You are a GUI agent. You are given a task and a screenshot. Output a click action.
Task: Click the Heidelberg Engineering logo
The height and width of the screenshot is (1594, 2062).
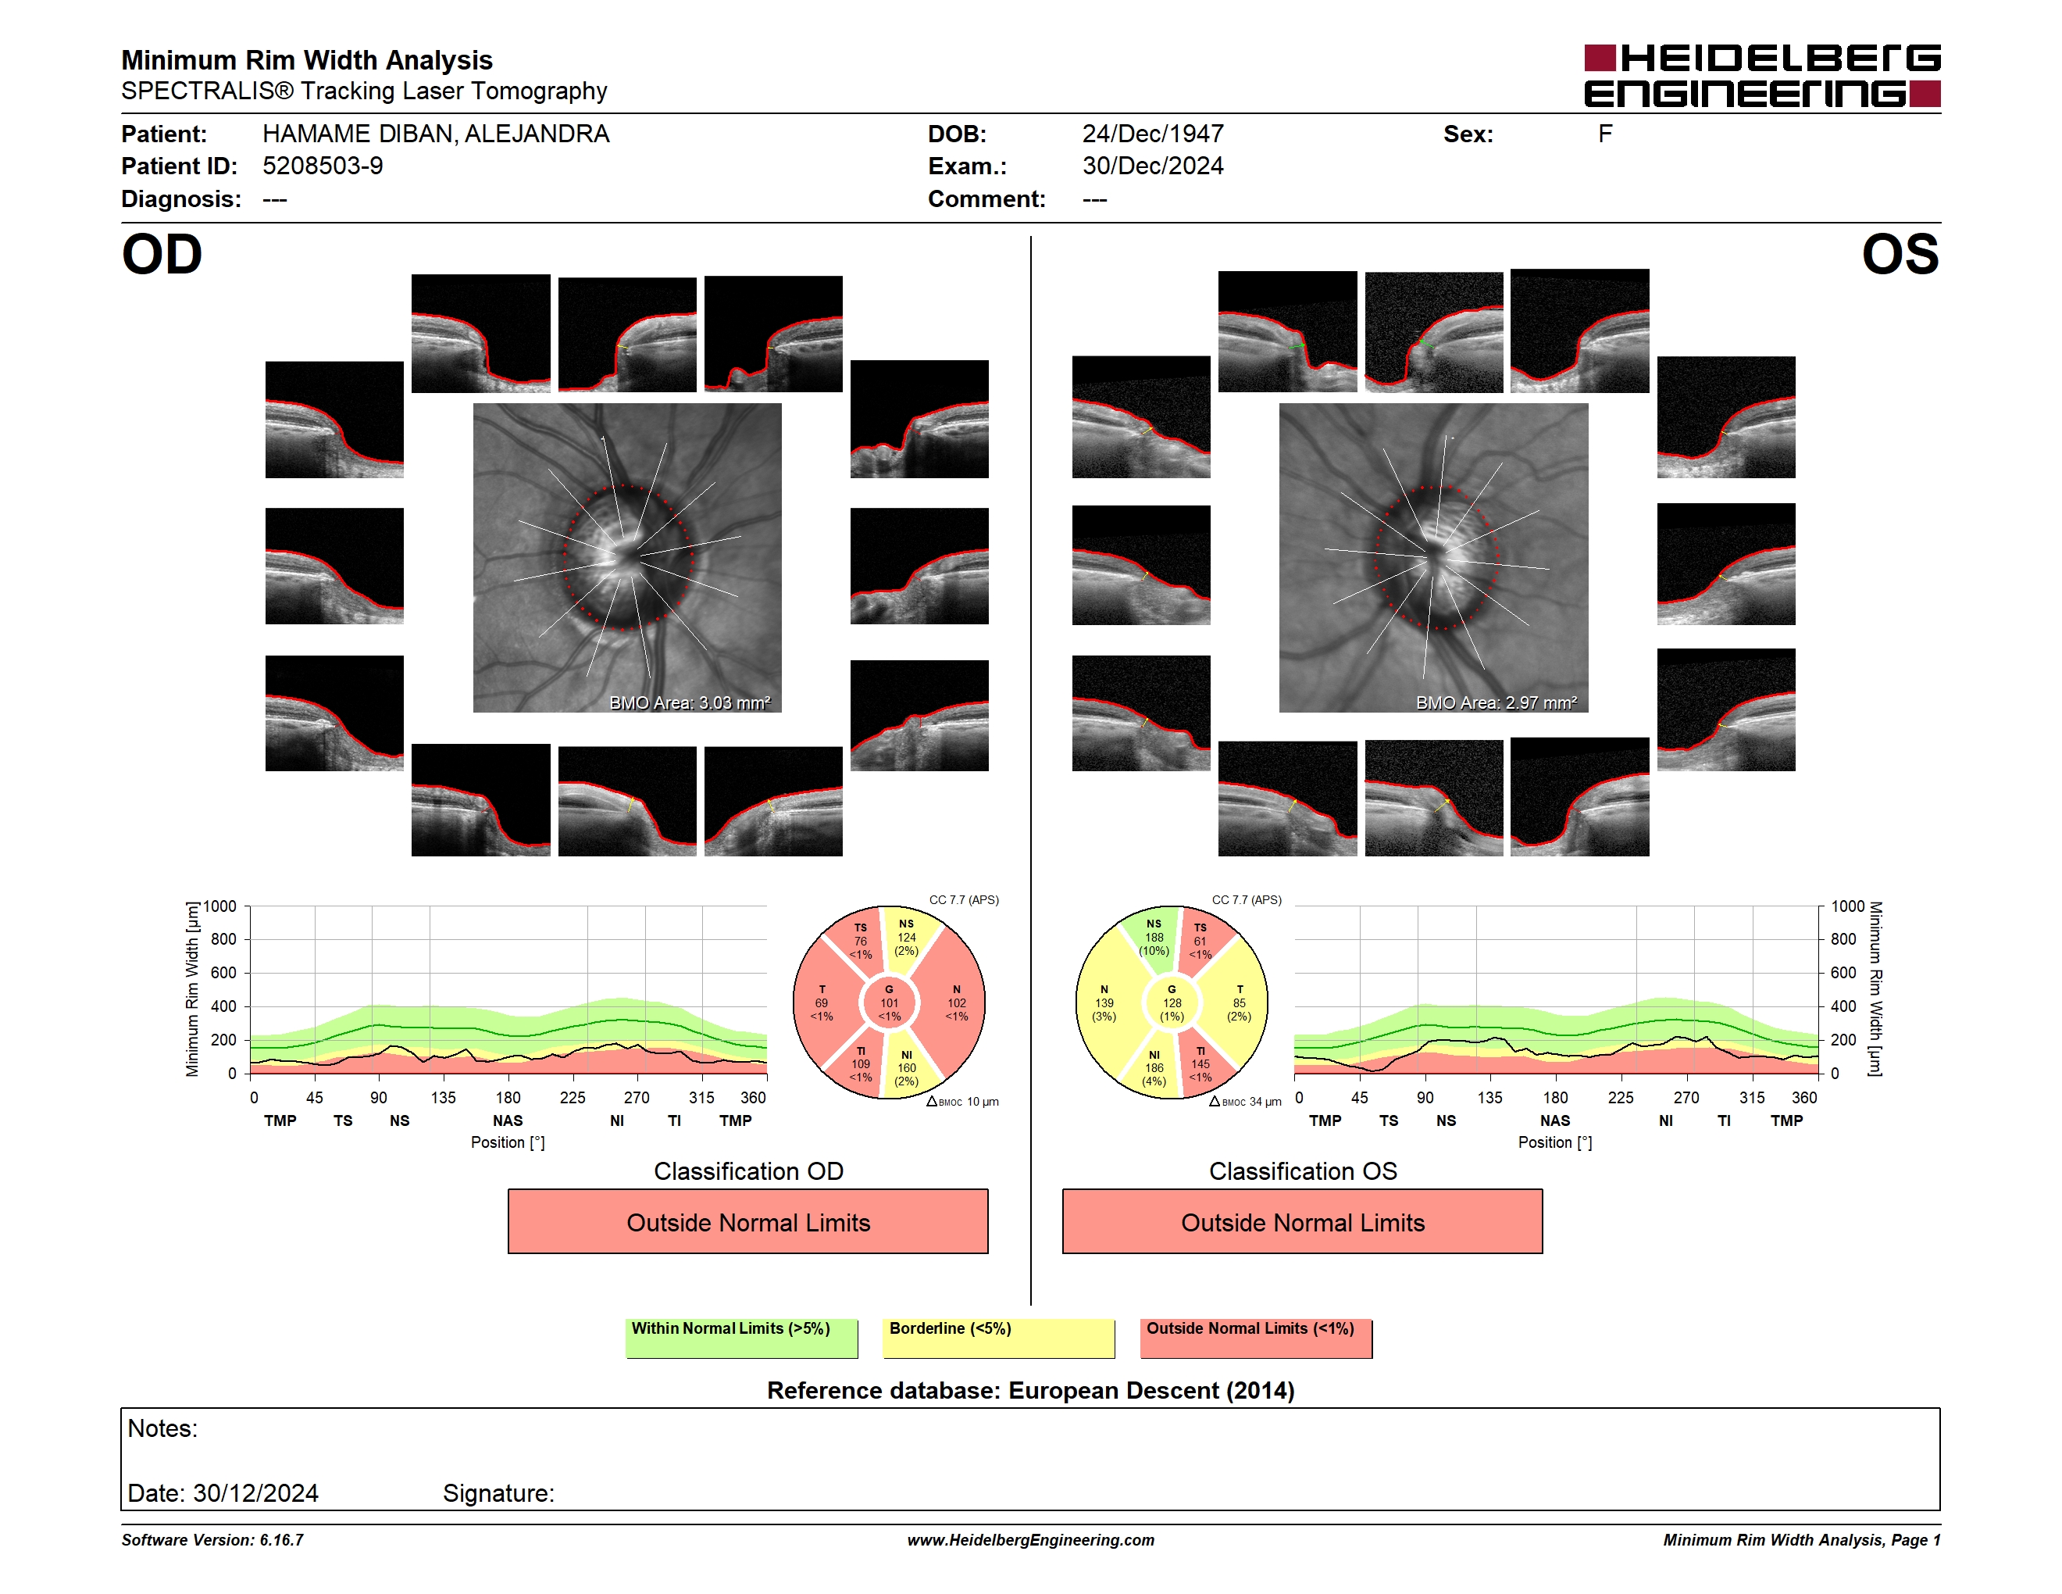1762,76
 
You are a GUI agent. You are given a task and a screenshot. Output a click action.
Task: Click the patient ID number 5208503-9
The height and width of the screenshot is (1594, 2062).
323,166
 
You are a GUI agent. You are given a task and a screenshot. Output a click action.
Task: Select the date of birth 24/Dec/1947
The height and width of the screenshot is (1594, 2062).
1153,134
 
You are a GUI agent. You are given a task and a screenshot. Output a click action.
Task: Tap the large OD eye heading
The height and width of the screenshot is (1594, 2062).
162,255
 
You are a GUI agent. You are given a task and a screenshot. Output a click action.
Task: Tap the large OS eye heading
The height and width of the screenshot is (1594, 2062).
1900,255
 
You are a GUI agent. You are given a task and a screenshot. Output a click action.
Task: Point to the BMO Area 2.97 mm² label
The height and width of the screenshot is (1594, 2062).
1497,702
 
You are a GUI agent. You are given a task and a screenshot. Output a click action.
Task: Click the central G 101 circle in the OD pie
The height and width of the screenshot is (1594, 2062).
890,1003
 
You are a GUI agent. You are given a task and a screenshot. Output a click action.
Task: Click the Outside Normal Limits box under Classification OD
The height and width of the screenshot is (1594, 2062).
747,1221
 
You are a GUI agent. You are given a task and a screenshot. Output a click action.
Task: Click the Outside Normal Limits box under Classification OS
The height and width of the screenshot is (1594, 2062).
1302,1221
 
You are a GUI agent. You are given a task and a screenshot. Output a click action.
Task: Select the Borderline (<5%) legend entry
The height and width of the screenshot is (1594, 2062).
998,1338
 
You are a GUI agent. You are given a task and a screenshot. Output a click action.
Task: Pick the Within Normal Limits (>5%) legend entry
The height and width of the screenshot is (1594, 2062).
741,1338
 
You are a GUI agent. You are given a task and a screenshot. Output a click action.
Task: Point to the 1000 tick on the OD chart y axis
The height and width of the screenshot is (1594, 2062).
220,906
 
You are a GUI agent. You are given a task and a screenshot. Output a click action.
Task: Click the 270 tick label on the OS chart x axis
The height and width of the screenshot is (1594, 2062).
1686,1097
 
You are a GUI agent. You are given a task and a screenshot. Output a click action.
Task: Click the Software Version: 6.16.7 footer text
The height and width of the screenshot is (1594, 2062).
212,1540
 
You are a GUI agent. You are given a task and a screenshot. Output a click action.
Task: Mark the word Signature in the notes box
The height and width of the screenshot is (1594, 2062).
497,1493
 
